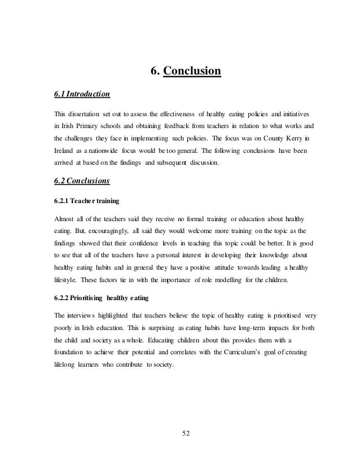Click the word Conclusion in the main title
[191, 72]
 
